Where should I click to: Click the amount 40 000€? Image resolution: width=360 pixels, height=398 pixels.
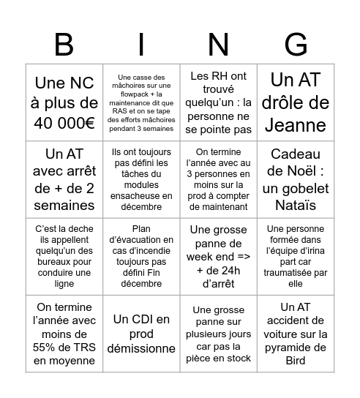pyautogui.click(x=64, y=124)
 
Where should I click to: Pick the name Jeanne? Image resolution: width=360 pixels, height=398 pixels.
pyautogui.click(x=296, y=124)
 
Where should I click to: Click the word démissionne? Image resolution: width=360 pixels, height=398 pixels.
pyautogui.click(x=141, y=349)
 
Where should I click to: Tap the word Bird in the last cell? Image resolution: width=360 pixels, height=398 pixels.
pyautogui.click(x=295, y=360)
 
